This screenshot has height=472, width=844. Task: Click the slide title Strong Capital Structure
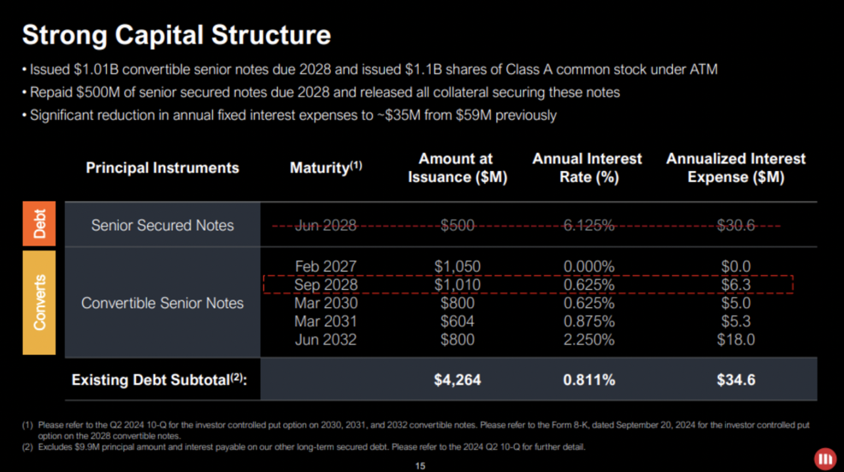coord(176,35)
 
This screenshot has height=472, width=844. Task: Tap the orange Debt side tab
coord(39,225)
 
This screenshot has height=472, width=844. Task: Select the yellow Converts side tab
coord(39,302)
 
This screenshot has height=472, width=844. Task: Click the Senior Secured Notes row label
coord(162,225)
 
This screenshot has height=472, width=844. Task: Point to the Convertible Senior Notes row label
coord(162,303)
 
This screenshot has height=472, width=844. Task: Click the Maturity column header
coord(326,168)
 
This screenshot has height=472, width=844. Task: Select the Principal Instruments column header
coord(162,168)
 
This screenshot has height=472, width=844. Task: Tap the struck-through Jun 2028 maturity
coord(326,225)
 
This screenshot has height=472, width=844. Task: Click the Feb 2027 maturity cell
coord(326,266)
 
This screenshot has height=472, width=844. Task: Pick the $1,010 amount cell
coord(457,285)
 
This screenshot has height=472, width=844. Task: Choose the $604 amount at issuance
coord(457,321)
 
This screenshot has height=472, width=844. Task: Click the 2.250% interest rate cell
coord(589,340)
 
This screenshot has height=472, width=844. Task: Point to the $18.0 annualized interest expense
coord(735,340)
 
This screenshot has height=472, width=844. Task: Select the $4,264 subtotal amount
coord(457,379)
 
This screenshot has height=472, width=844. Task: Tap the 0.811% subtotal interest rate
coord(589,379)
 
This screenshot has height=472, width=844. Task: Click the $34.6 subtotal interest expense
coord(735,379)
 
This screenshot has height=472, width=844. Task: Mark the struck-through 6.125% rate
coord(589,225)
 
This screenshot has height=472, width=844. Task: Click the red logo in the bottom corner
coord(824,458)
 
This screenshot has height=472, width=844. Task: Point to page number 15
coord(421,466)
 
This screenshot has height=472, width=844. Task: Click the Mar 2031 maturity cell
coord(326,321)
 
